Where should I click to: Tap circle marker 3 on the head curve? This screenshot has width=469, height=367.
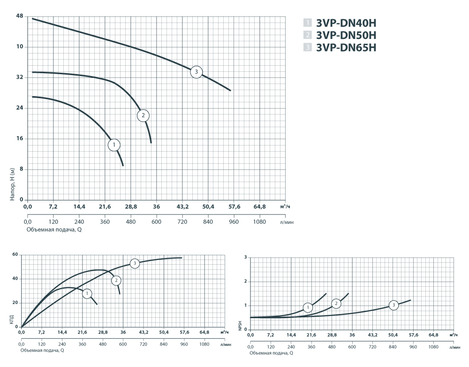(197, 72)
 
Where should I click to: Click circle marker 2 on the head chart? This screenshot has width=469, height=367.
(144, 115)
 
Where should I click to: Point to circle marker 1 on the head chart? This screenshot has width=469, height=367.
(114, 145)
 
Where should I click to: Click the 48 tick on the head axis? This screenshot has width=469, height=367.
(20, 16)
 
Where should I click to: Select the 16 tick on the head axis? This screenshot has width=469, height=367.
(20, 139)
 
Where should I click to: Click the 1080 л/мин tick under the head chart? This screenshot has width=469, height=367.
(259, 222)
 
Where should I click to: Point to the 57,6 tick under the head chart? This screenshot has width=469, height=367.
(234, 206)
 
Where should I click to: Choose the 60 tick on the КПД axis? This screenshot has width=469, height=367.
(15, 254)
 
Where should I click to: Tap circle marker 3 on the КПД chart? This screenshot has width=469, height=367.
(135, 263)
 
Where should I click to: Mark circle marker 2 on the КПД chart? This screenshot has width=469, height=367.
(116, 281)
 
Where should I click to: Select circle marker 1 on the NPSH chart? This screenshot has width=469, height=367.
(308, 308)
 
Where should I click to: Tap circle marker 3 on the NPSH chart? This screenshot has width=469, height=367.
(393, 306)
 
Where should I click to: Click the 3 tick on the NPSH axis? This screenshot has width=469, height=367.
(245, 257)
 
